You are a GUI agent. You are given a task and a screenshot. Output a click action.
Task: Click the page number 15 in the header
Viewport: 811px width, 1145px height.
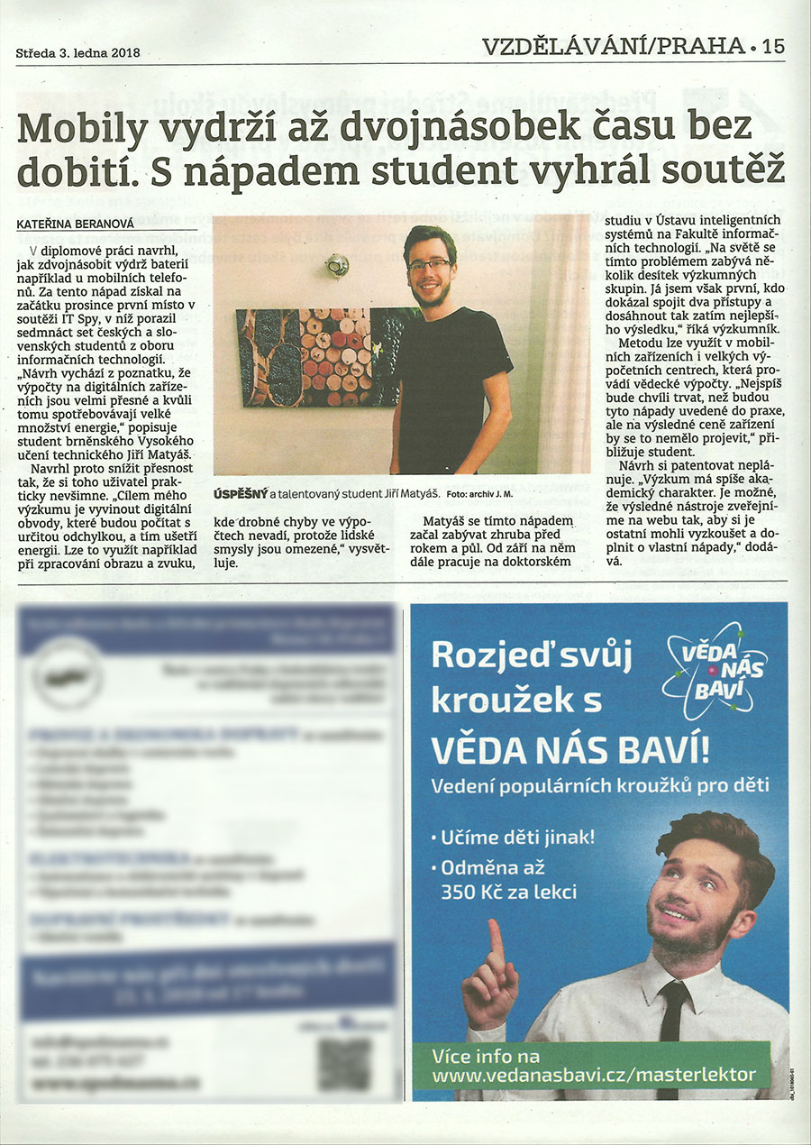tap(772, 46)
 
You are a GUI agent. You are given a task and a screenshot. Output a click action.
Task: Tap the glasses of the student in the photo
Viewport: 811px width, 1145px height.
tap(429, 265)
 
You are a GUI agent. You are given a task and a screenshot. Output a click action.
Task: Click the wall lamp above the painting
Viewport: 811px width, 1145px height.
tap(337, 265)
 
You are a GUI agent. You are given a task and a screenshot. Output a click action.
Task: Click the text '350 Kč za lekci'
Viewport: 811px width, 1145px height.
tap(508, 893)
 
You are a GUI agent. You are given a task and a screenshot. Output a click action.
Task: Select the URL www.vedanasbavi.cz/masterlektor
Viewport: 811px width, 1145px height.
tap(594, 1075)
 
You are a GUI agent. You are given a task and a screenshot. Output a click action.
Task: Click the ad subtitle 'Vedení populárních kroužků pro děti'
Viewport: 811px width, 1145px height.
tap(600, 785)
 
